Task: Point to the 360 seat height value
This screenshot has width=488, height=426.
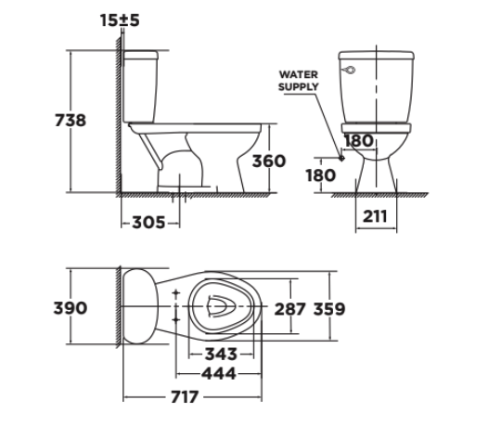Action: [269, 161]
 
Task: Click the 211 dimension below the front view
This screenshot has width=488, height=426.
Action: [377, 217]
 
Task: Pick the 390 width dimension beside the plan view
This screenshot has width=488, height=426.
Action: [44, 307]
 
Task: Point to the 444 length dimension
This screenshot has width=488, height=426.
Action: [219, 373]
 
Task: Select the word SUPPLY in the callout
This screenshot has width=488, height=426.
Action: [299, 85]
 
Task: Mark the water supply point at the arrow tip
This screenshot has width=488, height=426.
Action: [341, 159]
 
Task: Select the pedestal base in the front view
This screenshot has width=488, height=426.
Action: [375, 172]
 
